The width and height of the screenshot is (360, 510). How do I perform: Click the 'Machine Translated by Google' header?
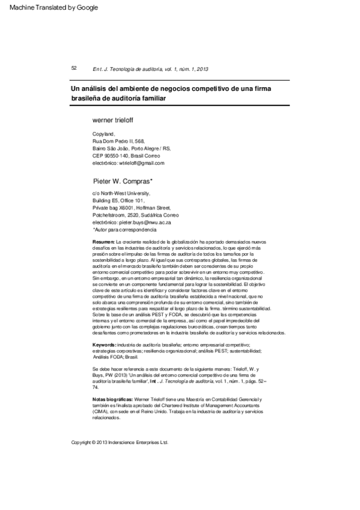coord(50,7)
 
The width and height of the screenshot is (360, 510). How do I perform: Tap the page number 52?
coord(74,68)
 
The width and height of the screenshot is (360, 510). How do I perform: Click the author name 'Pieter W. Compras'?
coord(123,180)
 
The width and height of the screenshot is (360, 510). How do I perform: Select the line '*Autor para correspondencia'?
coord(124,230)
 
